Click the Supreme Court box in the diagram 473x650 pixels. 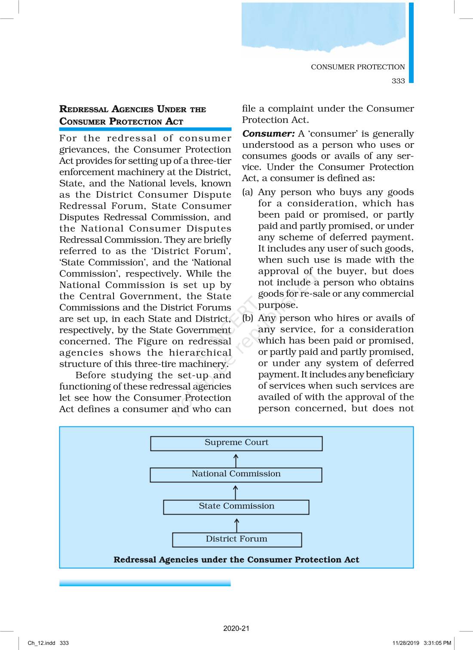pos(236,443)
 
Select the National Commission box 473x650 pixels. pos(236,475)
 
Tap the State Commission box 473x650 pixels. pos(236,507)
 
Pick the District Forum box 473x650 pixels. pos(236,540)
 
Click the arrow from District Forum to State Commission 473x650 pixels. pos(236,525)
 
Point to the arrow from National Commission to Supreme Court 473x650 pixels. pos(236,461)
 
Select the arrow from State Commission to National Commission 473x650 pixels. pos(235,493)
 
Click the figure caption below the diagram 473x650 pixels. pos(236,560)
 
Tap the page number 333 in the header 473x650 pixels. pos(398,81)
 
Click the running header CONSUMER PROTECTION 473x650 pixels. pos(358,67)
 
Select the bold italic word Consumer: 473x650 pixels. pos(268,134)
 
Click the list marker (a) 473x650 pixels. pos(248,192)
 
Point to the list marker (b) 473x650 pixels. pos(248,318)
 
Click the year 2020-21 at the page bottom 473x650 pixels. pos(236,628)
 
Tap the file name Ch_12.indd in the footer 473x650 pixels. pos(42,643)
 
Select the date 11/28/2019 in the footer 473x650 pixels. pos(405,643)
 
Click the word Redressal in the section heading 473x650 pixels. pos(84,109)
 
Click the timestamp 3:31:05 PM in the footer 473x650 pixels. pos(437,643)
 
